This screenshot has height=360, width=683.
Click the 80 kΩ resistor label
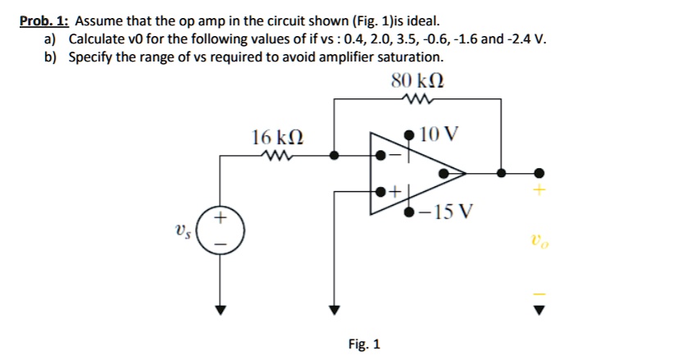coord(418,81)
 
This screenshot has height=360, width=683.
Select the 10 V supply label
coord(439,134)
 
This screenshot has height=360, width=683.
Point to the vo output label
coord(538,241)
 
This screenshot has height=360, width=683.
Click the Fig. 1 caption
coord(364,344)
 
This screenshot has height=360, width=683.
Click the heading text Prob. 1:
coord(44,21)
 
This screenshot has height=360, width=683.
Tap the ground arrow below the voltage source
coord(220,309)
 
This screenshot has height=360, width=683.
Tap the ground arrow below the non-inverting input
coord(333,309)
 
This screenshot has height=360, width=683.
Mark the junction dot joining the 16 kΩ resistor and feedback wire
coord(333,154)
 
